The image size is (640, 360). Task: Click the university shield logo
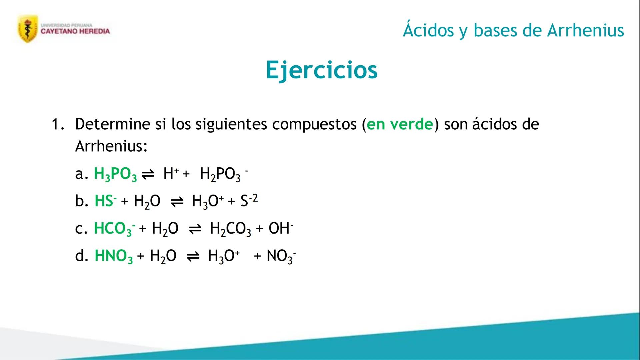[x=28, y=29]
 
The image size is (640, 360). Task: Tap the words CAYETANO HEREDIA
[x=75, y=31]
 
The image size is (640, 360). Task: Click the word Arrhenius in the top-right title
[x=586, y=30]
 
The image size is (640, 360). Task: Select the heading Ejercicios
[x=322, y=70]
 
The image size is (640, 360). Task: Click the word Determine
[x=113, y=124]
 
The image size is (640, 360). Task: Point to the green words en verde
[x=400, y=124]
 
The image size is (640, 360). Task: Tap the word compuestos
[x=314, y=125]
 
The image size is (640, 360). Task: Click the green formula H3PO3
[x=115, y=174]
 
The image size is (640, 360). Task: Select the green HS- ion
[x=106, y=201]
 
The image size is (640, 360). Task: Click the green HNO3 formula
[x=114, y=256]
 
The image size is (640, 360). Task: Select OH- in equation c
[x=281, y=228]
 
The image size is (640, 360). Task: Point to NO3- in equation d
[x=281, y=256]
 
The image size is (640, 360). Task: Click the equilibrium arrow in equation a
[x=148, y=174]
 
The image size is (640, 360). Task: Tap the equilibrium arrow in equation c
[x=195, y=229]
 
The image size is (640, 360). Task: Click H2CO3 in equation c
[x=230, y=229]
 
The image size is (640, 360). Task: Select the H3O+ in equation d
[x=224, y=256]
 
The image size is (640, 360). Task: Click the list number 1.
[x=58, y=124]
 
